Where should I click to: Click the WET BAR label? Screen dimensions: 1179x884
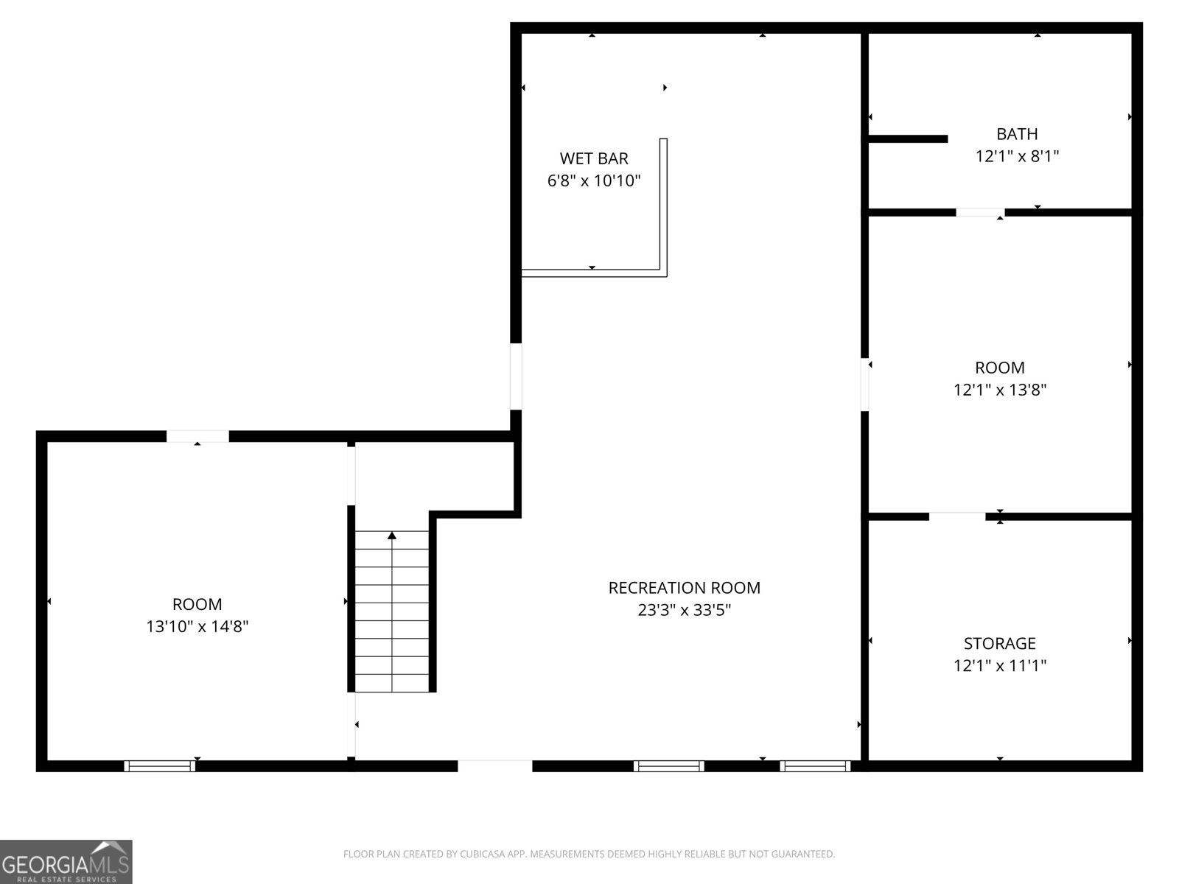(x=593, y=158)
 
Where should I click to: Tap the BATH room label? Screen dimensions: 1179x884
(x=1017, y=133)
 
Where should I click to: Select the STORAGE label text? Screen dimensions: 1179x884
(x=1000, y=643)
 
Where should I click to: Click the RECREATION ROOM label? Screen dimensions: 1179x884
(x=685, y=588)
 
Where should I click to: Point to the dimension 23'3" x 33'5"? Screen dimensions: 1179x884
(x=685, y=610)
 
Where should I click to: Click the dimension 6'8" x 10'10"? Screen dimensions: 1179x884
(x=593, y=181)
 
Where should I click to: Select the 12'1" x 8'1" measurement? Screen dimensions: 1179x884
(x=1017, y=156)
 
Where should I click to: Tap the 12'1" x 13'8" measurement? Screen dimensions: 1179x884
(x=1000, y=390)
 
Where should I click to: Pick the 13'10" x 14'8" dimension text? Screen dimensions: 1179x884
(x=197, y=626)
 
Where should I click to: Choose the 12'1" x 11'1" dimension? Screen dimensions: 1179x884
(x=1000, y=665)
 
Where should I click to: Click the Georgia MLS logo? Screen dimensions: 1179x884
(x=66, y=862)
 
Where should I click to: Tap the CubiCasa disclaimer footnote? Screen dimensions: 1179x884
(x=589, y=854)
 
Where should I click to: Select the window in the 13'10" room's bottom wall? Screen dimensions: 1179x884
(x=159, y=766)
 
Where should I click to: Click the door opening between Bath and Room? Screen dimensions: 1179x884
(x=980, y=213)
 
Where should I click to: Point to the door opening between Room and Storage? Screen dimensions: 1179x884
(x=957, y=517)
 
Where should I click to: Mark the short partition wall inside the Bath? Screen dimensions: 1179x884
(x=908, y=139)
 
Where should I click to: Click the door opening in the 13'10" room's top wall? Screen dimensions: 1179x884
(x=197, y=436)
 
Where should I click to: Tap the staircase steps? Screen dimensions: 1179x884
(x=392, y=611)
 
